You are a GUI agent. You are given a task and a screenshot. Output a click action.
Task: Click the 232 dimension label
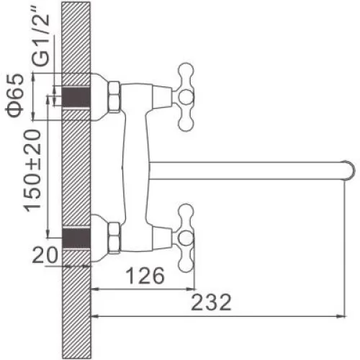pos(211,302)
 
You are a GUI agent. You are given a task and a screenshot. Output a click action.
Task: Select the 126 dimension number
pos(145,275)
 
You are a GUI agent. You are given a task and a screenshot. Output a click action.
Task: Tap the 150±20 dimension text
pos(32,171)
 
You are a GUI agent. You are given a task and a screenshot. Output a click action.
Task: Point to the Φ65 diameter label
pos(14,96)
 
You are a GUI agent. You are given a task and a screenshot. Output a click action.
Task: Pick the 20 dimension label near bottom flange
pos(45,255)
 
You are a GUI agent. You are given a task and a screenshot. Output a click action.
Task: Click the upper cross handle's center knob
pos(186,97)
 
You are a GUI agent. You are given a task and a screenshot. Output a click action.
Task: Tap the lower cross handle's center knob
pos(186,238)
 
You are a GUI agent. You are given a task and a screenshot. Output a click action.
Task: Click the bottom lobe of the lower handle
pos(186,265)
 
